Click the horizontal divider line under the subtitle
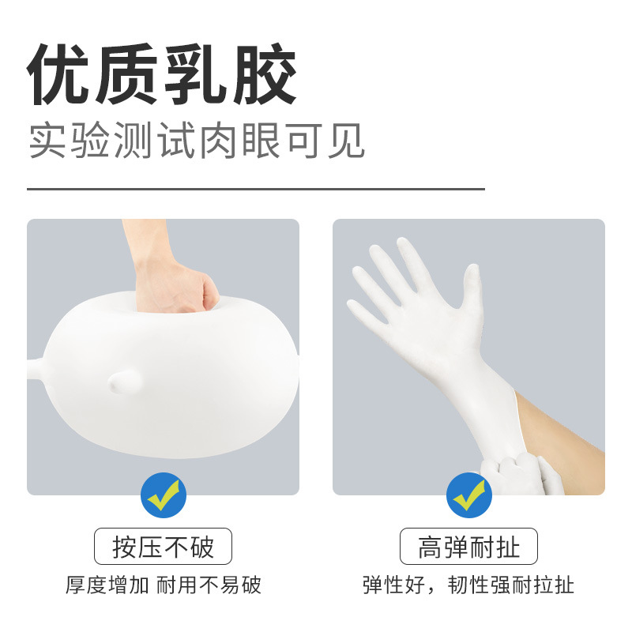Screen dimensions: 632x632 click(256, 190)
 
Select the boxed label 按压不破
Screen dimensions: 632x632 click(163, 547)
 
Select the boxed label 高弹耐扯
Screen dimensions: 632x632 click(468, 547)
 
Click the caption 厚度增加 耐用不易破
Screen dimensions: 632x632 click(163, 585)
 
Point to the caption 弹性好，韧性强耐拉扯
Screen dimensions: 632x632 click(468, 585)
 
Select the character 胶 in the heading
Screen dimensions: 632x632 click(264, 77)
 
